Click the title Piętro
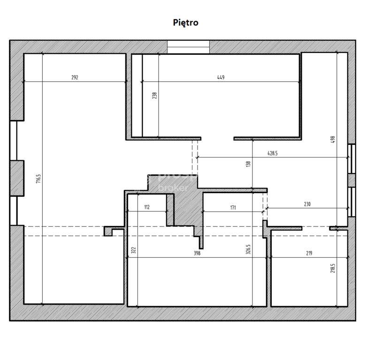pyautogui.click(x=185, y=22)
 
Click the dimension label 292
pyautogui.click(x=75, y=78)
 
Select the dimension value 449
pyautogui.click(x=221, y=78)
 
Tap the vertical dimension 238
pyautogui.click(x=154, y=96)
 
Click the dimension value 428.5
pyautogui.click(x=273, y=153)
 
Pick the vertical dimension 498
pyautogui.click(x=333, y=139)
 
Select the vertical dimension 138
pyautogui.click(x=249, y=164)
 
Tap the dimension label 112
pyautogui.click(x=146, y=207)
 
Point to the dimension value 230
pyautogui.click(x=307, y=204)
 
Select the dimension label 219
pyautogui.click(x=308, y=253)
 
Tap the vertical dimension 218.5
pyautogui.click(x=333, y=267)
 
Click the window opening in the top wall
pyautogui.click(x=189, y=47)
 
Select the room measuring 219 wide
pyautogui.click(x=308, y=277)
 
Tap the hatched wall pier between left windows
pyautogui.click(x=17, y=178)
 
